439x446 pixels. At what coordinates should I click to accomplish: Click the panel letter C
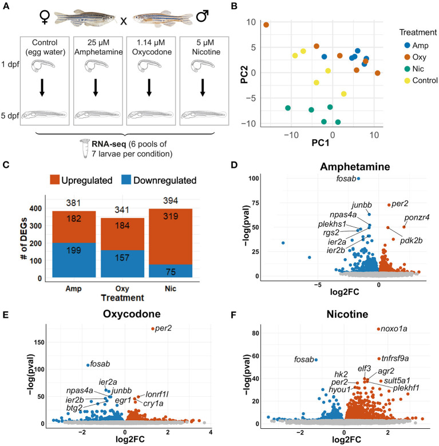coord(7,168)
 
